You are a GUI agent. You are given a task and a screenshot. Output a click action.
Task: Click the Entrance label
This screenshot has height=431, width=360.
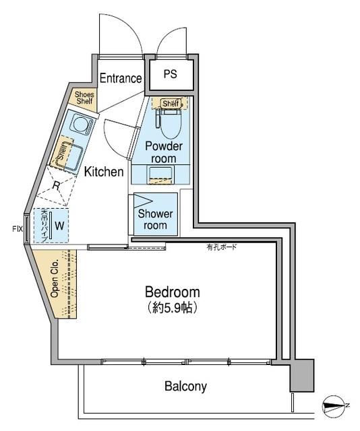121,78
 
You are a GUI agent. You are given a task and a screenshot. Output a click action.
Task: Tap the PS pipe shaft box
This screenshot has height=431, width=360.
169,75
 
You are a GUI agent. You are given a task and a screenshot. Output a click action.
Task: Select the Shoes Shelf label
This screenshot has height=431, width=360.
84,98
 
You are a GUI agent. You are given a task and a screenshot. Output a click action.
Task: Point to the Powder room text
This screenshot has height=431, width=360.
164,152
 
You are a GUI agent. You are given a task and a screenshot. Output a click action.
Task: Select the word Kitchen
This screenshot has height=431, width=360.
104,172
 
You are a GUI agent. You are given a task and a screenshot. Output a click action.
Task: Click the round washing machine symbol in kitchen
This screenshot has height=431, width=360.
80,126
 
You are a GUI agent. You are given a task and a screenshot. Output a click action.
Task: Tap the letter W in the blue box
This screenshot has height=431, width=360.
59,226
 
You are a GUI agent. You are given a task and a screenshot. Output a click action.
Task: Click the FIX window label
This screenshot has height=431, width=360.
18,229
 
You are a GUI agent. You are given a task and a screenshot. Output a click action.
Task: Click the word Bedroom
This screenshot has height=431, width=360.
173,292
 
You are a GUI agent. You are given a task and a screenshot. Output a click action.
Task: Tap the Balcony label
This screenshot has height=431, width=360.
185,387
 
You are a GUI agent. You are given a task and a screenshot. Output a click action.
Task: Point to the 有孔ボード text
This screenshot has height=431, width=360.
222,247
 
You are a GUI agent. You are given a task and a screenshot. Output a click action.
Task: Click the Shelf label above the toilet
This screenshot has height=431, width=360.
171,103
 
